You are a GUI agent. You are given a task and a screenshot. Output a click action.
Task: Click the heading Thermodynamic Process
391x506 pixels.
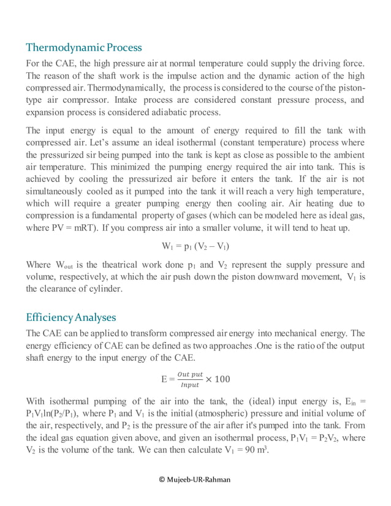(84, 47)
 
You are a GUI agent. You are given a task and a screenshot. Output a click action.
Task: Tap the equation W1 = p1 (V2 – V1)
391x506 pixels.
(195, 246)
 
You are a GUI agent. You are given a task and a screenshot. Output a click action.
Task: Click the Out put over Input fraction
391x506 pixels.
(190, 379)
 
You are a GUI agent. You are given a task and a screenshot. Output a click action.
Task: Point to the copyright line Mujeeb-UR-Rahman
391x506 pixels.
(195, 479)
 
